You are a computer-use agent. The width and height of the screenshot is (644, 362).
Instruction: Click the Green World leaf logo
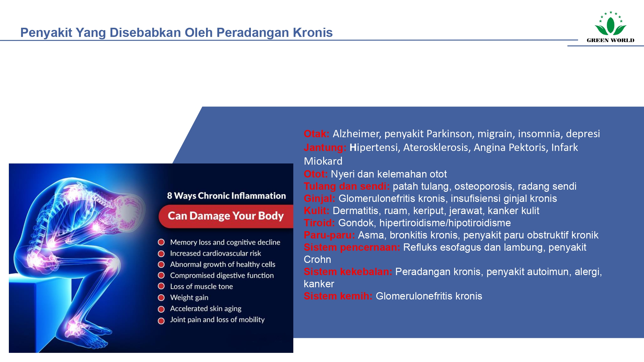610,26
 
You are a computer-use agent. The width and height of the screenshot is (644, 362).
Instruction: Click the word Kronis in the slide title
313,33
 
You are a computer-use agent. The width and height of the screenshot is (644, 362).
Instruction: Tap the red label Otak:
316,134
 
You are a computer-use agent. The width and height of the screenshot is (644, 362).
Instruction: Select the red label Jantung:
325,148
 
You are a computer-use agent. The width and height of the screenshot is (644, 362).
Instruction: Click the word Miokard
323,161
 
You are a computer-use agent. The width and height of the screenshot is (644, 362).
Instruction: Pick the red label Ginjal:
319,199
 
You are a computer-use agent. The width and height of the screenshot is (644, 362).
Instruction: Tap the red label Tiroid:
319,223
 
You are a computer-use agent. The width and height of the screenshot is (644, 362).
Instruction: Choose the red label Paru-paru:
329,235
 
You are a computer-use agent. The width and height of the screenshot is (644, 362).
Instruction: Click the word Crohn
317,260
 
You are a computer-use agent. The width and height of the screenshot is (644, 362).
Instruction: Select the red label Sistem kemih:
338,296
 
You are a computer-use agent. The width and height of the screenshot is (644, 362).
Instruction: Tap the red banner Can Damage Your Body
226,216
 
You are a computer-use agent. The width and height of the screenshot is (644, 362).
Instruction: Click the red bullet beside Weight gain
161,298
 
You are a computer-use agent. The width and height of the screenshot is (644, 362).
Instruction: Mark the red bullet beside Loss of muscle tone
161,286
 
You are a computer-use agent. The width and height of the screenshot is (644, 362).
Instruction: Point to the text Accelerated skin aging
205,309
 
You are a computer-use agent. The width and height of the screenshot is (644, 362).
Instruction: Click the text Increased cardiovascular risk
215,253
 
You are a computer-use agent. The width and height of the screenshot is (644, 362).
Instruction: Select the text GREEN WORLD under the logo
610,40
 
